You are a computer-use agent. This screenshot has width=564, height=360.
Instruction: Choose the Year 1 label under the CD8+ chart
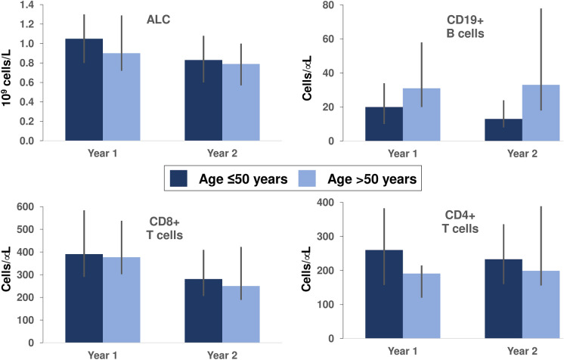(102, 352)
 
